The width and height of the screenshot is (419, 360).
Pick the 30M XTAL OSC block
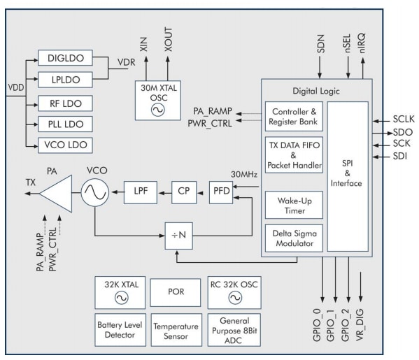158,99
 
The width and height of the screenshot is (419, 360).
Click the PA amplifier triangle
58,189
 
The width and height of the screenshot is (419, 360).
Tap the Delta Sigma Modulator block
293,238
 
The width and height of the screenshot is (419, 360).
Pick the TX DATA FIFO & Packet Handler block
293,157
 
